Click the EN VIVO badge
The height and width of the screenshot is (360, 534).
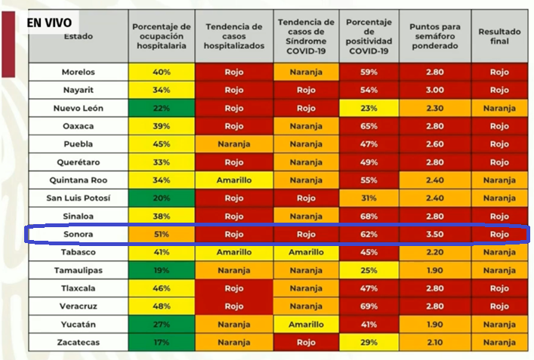point(52,23)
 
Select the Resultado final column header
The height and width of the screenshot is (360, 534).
point(499,35)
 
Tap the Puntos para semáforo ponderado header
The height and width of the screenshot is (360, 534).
point(434,35)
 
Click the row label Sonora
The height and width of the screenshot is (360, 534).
point(79,234)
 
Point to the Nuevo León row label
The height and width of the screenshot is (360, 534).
point(79,108)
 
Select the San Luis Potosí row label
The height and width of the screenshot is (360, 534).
point(79,198)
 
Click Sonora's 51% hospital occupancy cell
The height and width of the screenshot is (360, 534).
point(162,234)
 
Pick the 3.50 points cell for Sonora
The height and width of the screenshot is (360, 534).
point(434,234)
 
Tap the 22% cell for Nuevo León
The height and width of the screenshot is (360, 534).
point(162,108)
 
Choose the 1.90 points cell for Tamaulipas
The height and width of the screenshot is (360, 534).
point(434,270)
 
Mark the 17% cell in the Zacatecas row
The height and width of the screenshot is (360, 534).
point(162,343)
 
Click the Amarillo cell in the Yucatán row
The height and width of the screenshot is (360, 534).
point(307,325)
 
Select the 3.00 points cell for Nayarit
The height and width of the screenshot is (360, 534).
point(434,90)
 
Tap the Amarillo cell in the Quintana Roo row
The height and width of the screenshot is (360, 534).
point(234,180)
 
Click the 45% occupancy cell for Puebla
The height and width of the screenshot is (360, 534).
point(162,144)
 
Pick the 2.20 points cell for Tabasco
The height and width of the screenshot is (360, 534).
point(434,252)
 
